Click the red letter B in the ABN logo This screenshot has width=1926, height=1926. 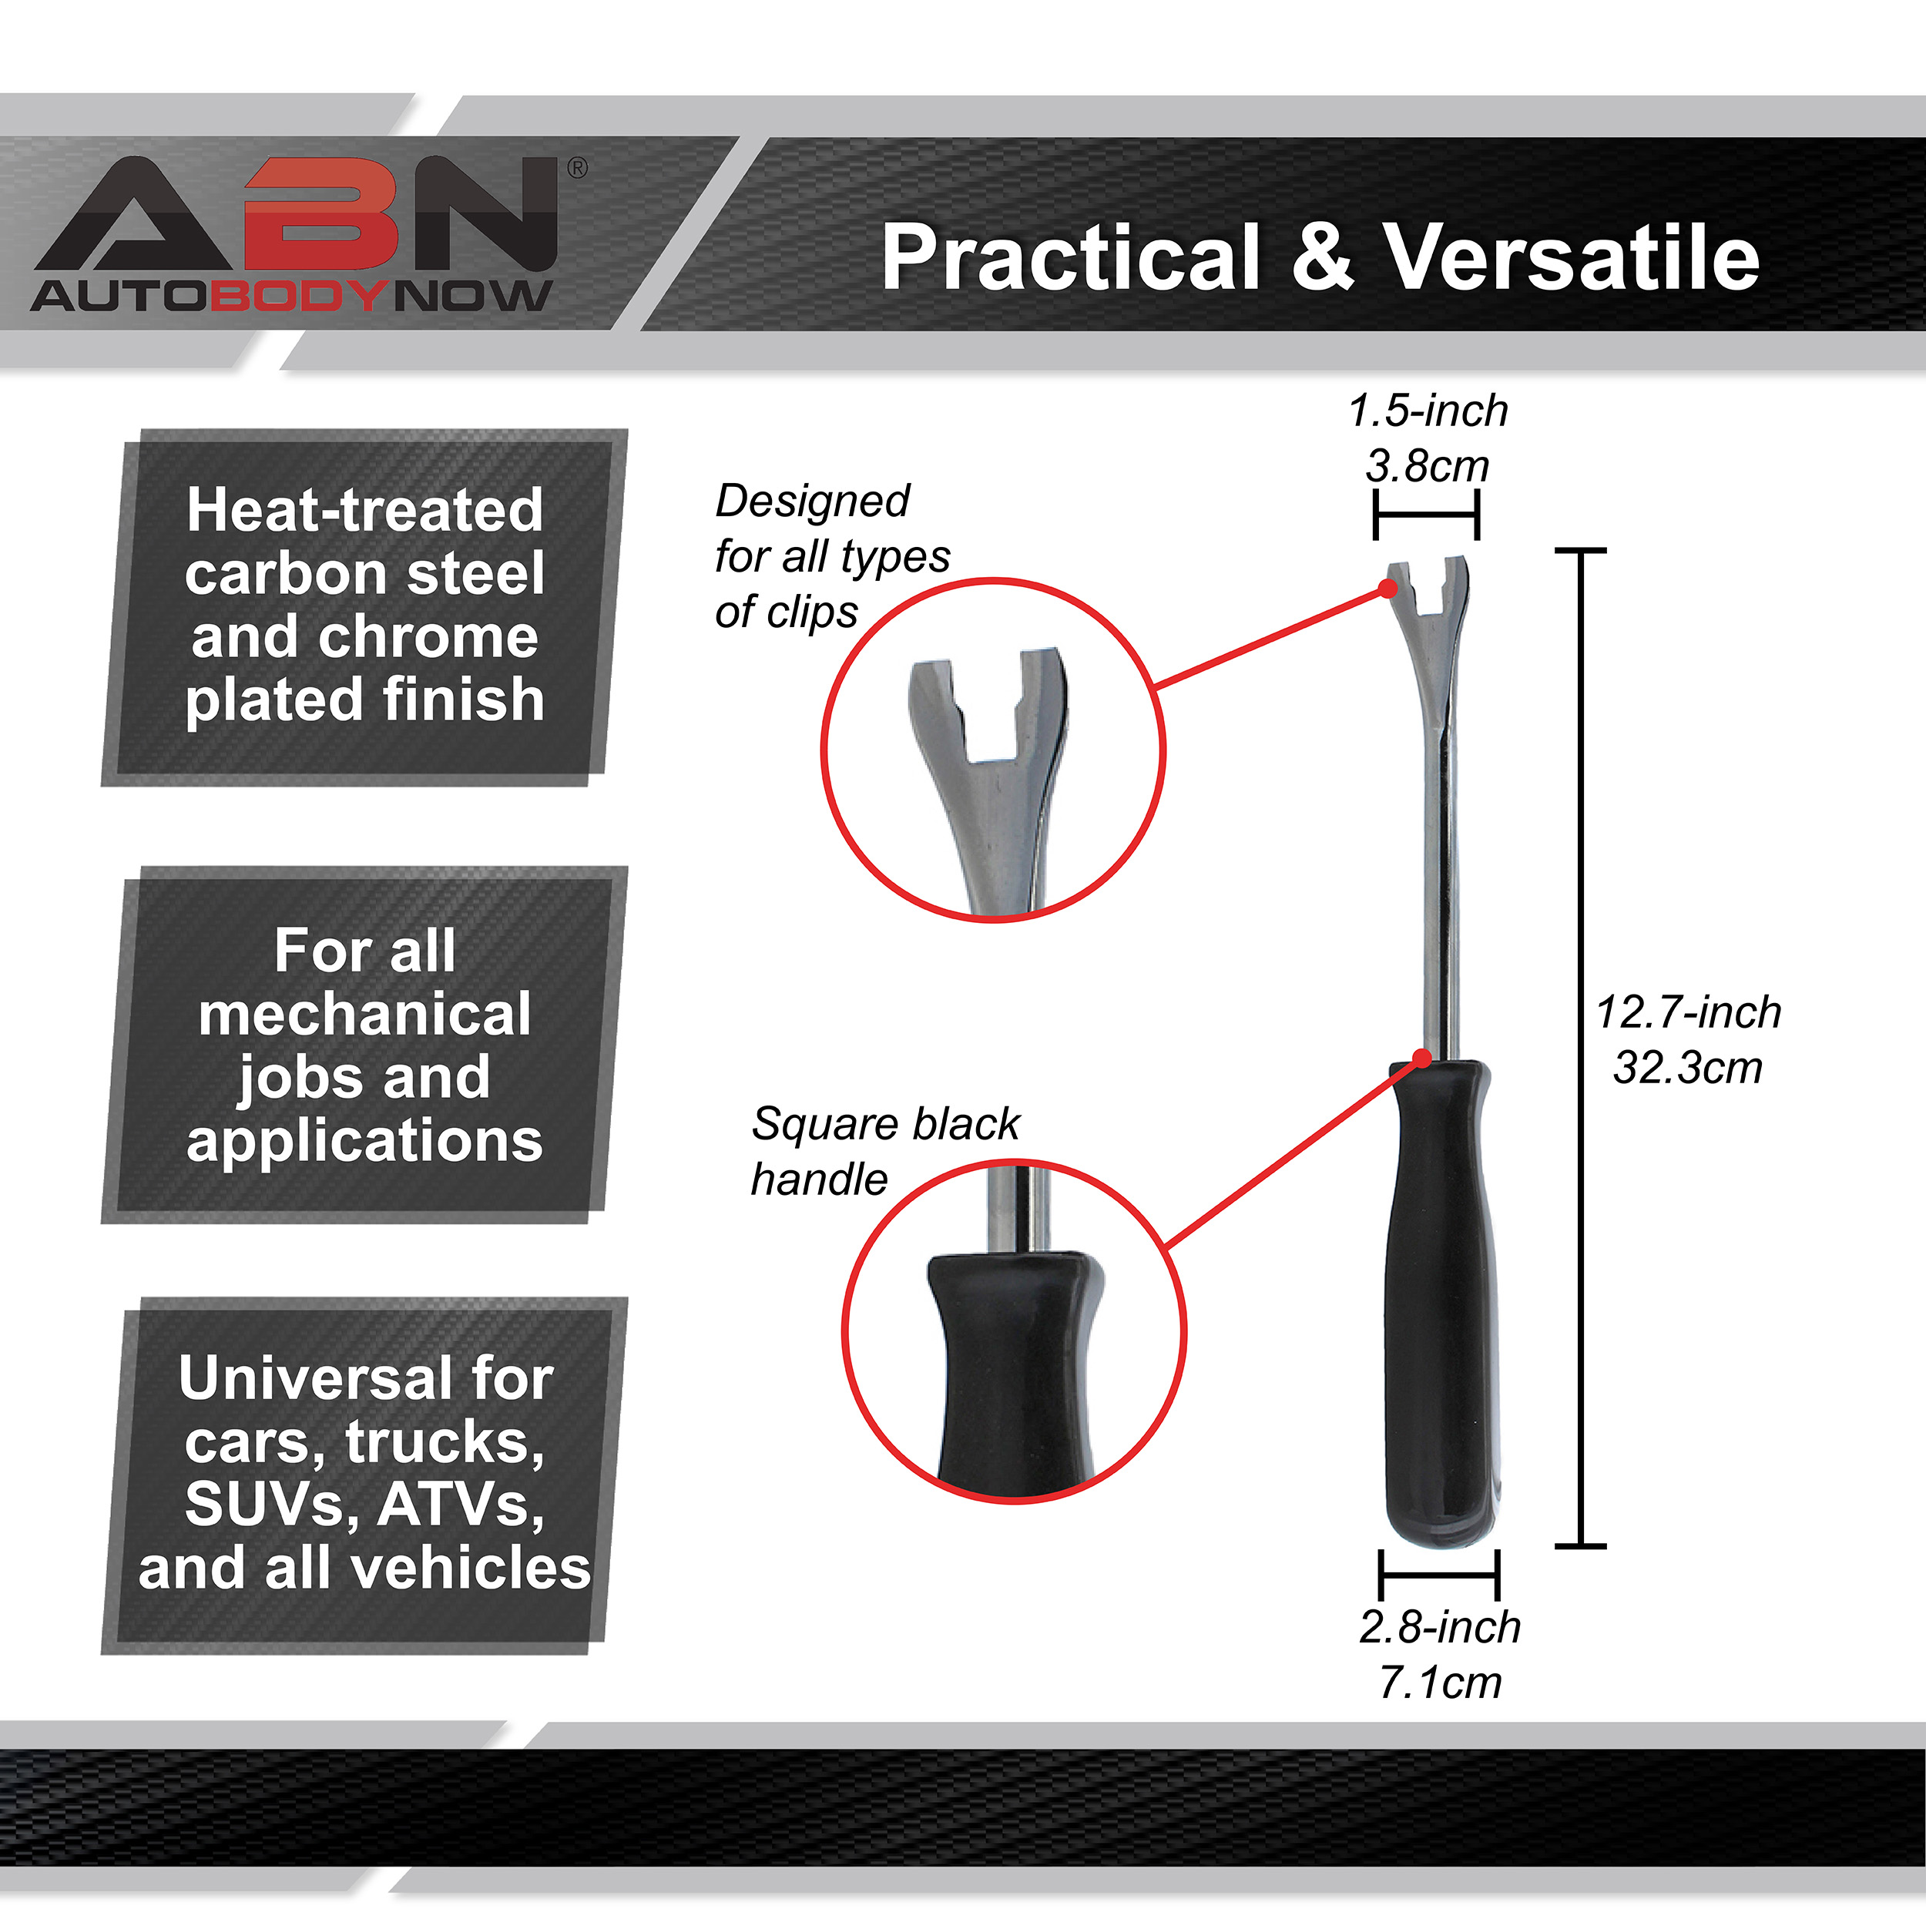(x=322, y=214)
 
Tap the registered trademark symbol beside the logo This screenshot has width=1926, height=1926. (x=576, y=169)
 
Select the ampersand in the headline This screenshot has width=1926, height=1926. (x=1322, y=257)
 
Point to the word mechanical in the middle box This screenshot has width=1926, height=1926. (x=365, y=1015)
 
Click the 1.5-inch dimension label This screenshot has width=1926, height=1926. (x=1428, y=411)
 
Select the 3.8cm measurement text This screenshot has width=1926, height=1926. (x=1427, y=465)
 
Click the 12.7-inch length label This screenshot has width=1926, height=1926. (x=1688, y=1012)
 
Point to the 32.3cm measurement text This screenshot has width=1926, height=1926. (x=1688, y=1068)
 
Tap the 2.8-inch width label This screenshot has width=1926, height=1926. (x=1440, y=1627)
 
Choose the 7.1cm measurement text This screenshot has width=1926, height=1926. (x=1440, y=1683)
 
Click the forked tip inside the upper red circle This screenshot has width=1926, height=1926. (x=987, y=738)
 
